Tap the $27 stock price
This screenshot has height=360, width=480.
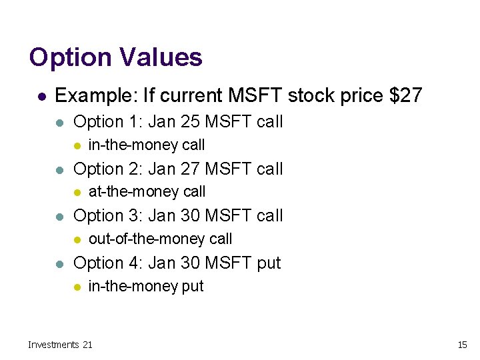(x=406, y=95)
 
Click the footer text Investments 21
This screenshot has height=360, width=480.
(x=60, y=345)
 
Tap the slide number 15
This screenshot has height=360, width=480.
(x=462, y=345)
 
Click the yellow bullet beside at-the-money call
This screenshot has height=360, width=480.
(x=77, y=193)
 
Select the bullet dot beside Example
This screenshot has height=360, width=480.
(x=41, y=97)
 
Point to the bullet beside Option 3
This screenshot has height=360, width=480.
(x=59, y=217)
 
